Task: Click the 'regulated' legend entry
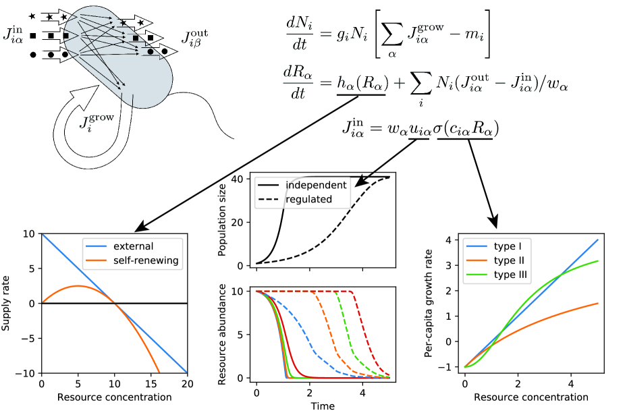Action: (x=309, y=199)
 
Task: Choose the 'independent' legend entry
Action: (x=317, y=185)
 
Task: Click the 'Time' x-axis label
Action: (x=322, y=406)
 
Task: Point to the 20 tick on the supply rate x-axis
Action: (x=187, y=383)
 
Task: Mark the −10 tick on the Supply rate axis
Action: (x=26, y=372)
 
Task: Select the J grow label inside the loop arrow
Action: (x=96, y=124)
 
